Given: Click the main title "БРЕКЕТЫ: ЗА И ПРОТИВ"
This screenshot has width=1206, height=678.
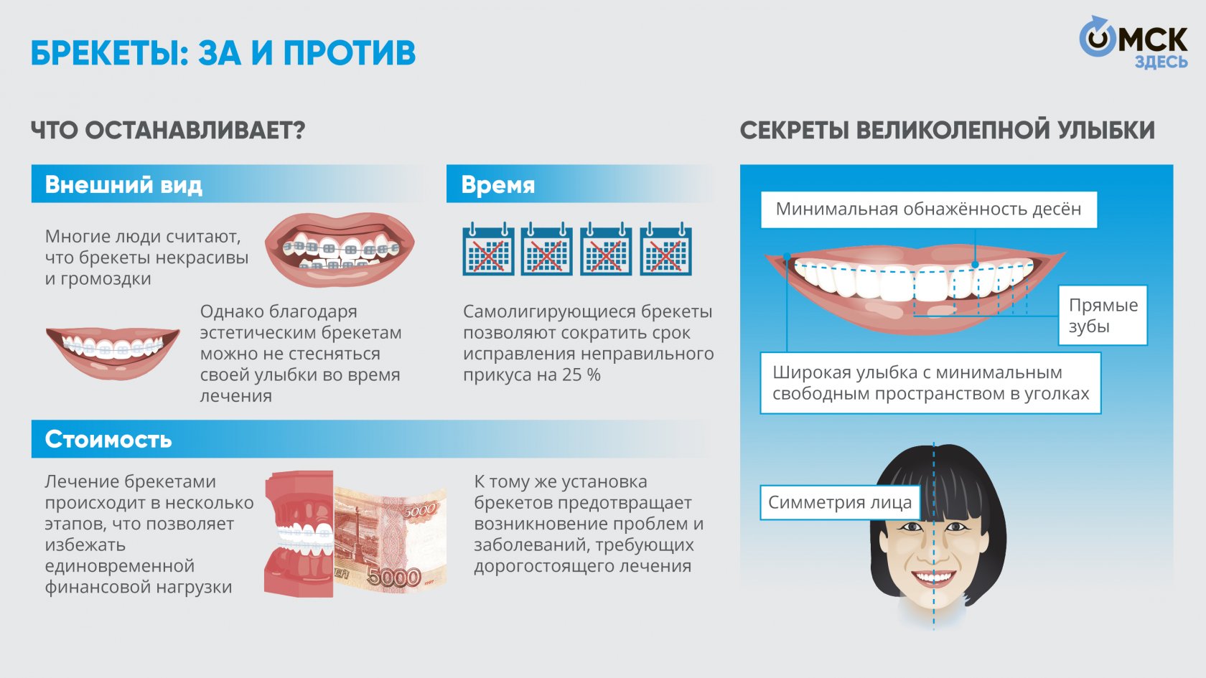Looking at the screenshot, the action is coord(223,53).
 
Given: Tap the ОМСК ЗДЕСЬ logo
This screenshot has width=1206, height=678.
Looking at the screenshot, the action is coord(1133,43).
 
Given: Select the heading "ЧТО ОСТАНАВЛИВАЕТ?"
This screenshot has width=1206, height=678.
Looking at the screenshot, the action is coord(168,131).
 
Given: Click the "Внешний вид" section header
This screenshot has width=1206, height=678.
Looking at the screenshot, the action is coord(123,184).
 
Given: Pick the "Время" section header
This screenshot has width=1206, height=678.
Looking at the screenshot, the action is coord(498,184).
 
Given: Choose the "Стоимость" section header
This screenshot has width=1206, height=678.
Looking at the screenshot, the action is coord(108,439).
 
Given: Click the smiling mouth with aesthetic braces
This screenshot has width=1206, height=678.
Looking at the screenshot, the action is coord(113,350).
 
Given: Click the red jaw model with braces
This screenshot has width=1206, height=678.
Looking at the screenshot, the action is coord(298,535).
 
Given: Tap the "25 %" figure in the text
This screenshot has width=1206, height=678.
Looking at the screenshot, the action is coord(582,375).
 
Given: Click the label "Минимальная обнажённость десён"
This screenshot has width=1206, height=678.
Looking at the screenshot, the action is coord(928,209).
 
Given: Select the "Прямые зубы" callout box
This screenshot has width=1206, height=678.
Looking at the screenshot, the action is coord(1103,316).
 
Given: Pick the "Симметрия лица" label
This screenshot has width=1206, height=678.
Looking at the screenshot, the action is coord(839,502).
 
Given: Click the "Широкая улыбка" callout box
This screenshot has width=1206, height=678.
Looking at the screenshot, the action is coord(930,383).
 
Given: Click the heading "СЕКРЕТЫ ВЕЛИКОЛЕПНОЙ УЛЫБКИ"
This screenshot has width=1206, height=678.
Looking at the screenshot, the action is coord(947,131).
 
